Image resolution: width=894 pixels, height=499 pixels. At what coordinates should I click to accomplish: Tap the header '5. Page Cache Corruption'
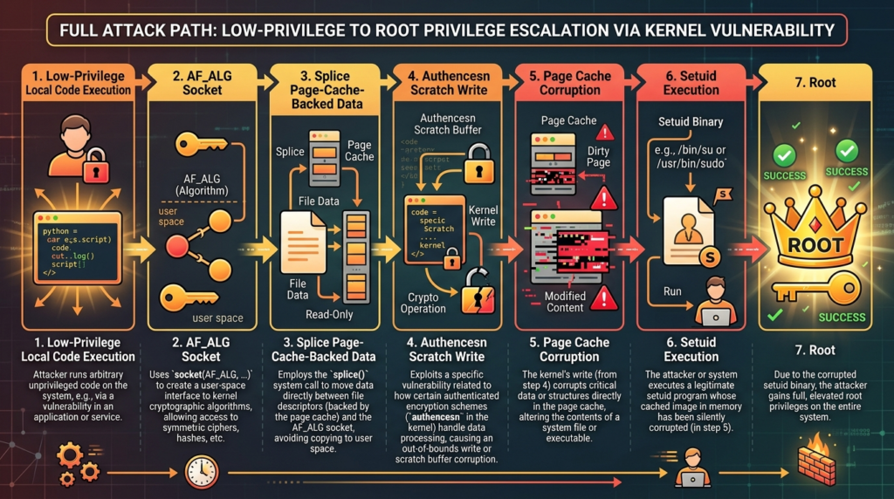click(x=569, y=83)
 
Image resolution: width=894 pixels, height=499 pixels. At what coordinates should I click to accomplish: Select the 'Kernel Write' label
click(x=483, y=216)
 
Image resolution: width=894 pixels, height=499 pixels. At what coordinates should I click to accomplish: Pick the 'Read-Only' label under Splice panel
click(x=328, y=315)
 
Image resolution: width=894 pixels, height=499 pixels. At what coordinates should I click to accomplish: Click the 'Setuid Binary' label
click(x=690, y=122)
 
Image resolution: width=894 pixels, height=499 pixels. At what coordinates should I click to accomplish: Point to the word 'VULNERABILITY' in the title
click(x=754, y=31)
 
